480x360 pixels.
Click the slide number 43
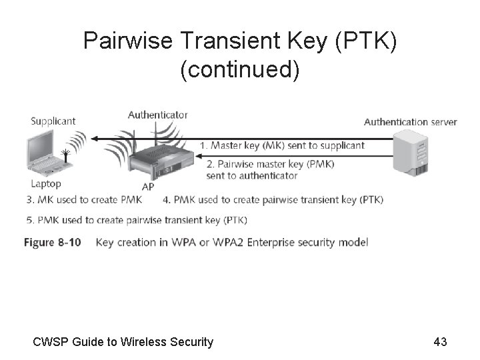point(440,342)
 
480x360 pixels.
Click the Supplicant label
point(53,121)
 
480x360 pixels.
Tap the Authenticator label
point(157,115)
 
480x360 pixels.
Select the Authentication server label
point(410,121)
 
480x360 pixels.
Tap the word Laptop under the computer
point(45,183)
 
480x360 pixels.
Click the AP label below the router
point(148,187)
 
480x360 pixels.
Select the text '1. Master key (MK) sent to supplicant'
point(282,145)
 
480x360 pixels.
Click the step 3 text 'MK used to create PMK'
point(83,199)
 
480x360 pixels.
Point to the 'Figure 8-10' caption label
point(53,242)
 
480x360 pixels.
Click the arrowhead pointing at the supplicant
point(94,139)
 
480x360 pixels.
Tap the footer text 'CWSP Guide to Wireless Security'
point(123,342)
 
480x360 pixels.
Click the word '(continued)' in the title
point(240,69)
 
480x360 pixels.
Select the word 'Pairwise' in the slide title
point(129,41)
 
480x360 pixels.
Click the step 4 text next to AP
point(273,199)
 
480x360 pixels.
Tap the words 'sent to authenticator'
point(252,175)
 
